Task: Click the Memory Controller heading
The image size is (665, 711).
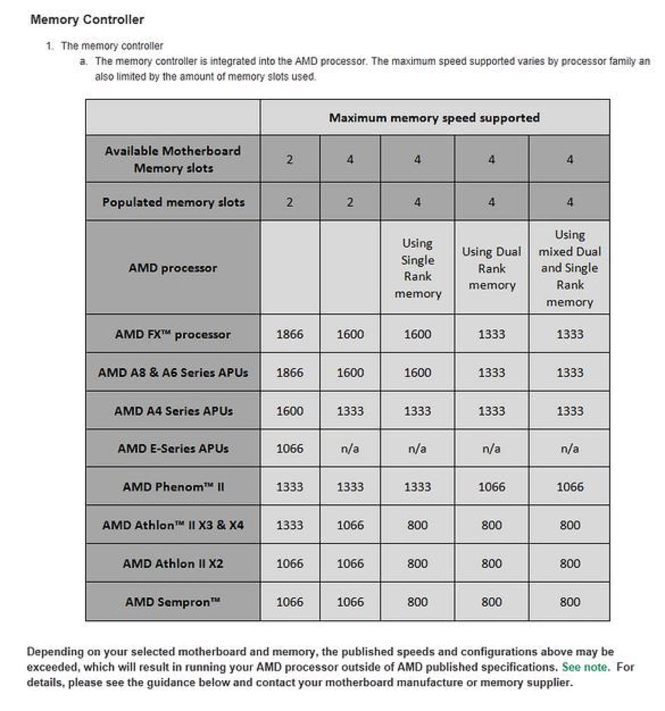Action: point(87,20)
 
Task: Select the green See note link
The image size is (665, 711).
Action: point(585,667)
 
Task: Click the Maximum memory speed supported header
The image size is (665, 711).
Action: point(434,118)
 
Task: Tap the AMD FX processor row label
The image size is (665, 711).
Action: point(173,334)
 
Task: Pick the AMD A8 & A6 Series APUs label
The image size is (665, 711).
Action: point(173,373)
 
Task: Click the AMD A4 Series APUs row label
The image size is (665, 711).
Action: point(173,411)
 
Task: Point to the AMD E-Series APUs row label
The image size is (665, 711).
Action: point(173,449)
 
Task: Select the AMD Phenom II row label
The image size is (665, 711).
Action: point(173,487)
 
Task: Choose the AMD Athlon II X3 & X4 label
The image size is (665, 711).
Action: point(173,525)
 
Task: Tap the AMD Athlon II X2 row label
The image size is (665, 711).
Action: point(173,564)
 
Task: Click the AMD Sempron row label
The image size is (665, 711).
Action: point(173,602)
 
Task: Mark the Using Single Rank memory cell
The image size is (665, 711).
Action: point(417,268)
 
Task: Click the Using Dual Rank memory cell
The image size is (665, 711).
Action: point(491,268)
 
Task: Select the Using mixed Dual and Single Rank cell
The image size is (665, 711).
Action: point(570,268)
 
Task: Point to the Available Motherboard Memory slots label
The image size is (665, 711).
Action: point(173,160)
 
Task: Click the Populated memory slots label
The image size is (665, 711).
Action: point(173,202)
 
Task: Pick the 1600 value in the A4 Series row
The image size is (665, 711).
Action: point(289,411)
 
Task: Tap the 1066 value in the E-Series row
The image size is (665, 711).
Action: point(289,449)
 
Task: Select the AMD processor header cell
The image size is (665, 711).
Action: point(173,268)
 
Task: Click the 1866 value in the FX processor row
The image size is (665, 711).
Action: point(289,334)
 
